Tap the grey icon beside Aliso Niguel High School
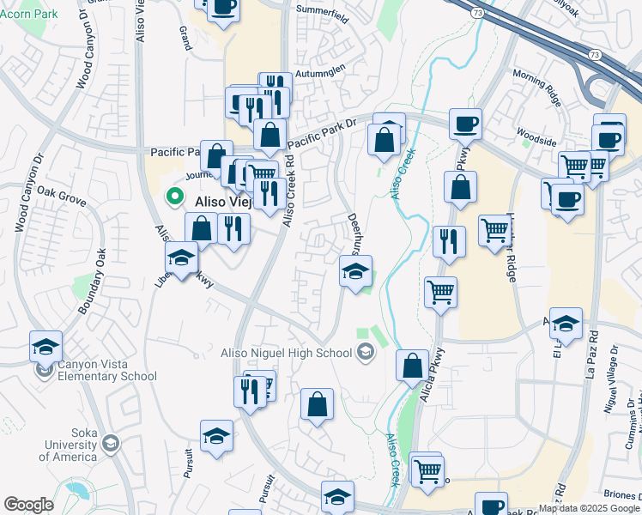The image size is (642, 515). (x=366, y=352)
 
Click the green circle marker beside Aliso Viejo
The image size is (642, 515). (x=176, y=197)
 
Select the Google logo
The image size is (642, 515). (x=28, y=504)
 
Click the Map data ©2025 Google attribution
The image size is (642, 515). (x=588, y=508)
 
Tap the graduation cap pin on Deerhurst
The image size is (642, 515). (x=355, y=271)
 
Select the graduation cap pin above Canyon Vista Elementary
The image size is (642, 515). (x=45, y=346)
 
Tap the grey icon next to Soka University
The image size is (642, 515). (x=110, y=443)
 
